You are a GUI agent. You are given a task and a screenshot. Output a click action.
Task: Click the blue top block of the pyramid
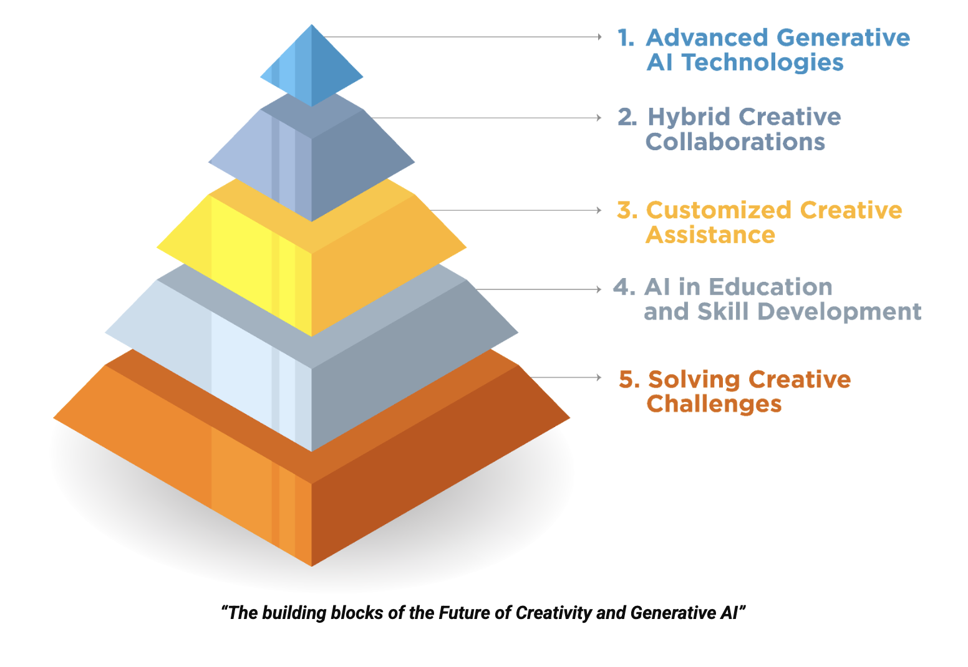[x=311, y=65]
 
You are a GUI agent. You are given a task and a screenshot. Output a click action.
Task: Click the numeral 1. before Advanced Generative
[x=626, y=37]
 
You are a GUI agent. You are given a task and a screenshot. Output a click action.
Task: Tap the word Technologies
[x=763, y=63]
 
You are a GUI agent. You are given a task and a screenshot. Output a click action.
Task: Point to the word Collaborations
[x=735, y=142]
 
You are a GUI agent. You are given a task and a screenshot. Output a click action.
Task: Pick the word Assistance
[x=710, y=236]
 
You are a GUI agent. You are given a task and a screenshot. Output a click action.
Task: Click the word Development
[x=840, y=312]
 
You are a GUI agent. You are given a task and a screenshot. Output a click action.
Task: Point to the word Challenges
[x=714, y=405]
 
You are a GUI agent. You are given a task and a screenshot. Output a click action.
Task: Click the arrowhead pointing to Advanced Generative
[x=599, y=37]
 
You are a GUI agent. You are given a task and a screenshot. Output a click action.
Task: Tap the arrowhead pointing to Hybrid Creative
[x=599, y=117]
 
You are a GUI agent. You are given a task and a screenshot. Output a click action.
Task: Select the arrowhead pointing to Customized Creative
[x=599, y=210]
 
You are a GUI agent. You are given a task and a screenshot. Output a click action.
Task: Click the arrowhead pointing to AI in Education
[x=599, y=289]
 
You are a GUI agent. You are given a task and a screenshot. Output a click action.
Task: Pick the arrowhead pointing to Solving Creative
[x=599, y=377]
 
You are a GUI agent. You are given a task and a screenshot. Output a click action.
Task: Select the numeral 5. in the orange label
[x=629, y=379]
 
